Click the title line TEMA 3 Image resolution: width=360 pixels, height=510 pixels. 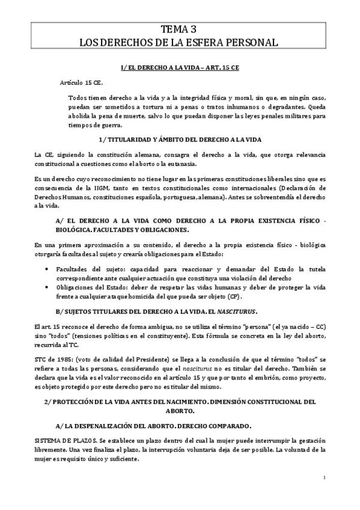pos(180,29)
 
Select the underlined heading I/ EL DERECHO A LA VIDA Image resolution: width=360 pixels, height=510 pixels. pos(180,69)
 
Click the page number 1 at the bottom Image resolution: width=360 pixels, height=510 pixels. pos(324,478)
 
